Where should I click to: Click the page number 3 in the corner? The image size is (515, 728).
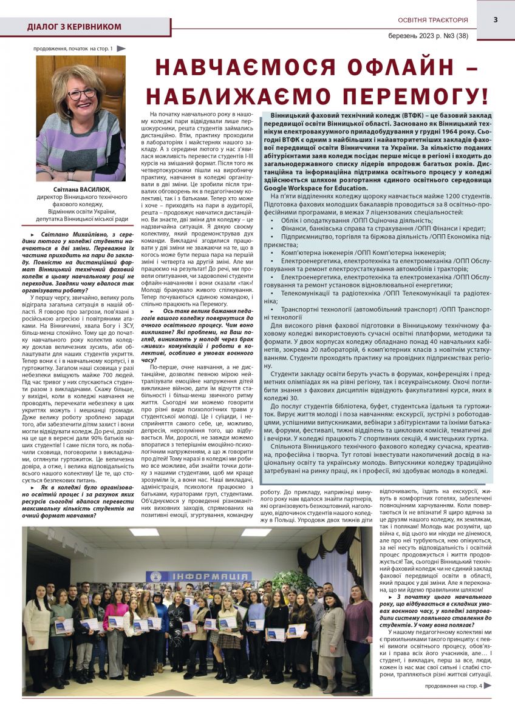(x=495, y=19)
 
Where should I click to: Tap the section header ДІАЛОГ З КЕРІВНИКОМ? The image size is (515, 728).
(x=74, y=27)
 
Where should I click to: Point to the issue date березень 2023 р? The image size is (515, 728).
(x=412, y=36)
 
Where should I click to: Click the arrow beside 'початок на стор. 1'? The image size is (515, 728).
(x=121, y=48)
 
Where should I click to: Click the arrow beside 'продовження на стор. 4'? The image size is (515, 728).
(x=488, y=686)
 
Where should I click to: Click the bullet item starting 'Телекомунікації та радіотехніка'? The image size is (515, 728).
(x=377, y=292)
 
